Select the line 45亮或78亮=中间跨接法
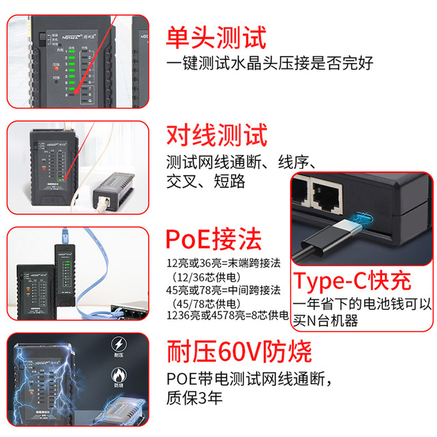tap(226, 290)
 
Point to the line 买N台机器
tap(326, 321)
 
